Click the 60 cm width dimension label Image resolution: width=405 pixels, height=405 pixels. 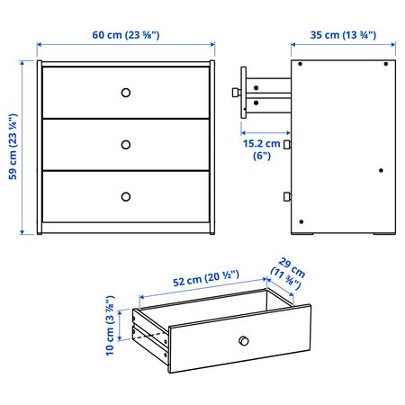coord(126,35)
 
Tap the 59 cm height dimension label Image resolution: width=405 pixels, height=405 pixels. coord(13,147)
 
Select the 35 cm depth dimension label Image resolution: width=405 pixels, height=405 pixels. coord(343,35)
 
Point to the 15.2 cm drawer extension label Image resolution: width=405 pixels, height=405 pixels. coord(262,149)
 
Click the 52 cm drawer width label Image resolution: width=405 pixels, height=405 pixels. coord(206,278)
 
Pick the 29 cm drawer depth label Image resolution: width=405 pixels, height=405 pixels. coord(288,274)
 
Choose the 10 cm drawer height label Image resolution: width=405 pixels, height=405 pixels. coord(110,326)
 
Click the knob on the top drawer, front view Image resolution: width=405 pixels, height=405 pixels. coord(126,93)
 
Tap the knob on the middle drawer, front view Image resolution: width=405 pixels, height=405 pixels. coord(126,145)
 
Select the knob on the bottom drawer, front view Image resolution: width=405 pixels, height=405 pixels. coord(126,197)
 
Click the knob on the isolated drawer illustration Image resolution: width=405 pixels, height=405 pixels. coord(244,341)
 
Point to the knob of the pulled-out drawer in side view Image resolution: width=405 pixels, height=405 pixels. coord(237,92)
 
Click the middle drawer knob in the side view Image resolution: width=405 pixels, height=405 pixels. coord(287,145)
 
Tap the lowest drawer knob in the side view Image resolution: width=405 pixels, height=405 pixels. coord(287,196)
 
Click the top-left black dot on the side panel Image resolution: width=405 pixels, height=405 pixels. coord(300,64)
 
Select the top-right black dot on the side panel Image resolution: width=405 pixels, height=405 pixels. coord(386,64)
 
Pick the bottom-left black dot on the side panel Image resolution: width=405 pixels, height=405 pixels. coord(301,221)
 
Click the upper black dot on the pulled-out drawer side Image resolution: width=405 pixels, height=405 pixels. coord(256,88)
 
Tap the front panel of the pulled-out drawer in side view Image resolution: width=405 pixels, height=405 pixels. coord(244,93)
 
